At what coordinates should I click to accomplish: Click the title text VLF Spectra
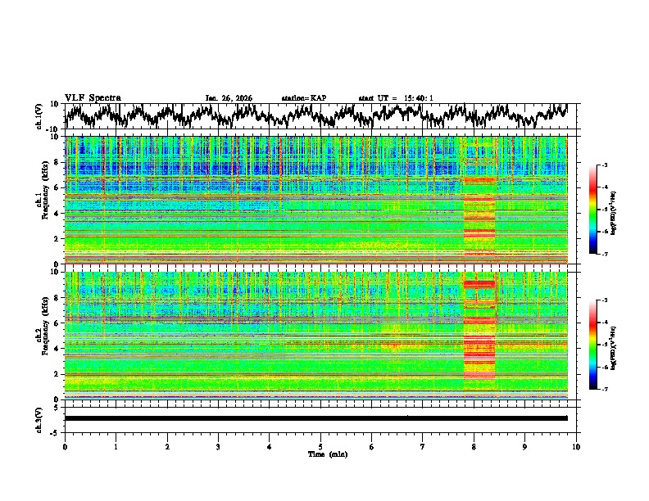tap(93, 97)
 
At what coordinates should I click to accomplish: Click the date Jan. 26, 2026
tap(229, 98)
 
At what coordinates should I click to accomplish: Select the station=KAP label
tap(304, 98)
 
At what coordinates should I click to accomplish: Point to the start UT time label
tap(396, 98)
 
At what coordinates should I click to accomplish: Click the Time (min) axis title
tap(320, 454)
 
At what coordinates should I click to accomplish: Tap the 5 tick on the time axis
tap(320, 446)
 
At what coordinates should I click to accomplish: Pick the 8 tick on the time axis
tap(474, 446)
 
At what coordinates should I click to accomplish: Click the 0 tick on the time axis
tap(65, 446)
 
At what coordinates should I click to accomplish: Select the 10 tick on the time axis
tap(576, 446)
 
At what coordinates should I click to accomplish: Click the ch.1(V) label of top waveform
tap(39, 116)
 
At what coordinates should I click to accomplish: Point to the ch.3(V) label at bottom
tap(39, 418)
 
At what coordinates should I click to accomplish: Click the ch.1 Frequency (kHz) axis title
tap(43, 201)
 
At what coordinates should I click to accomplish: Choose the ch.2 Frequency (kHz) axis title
tap(43, 335)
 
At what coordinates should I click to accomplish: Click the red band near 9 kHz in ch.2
tap(479, 284)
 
